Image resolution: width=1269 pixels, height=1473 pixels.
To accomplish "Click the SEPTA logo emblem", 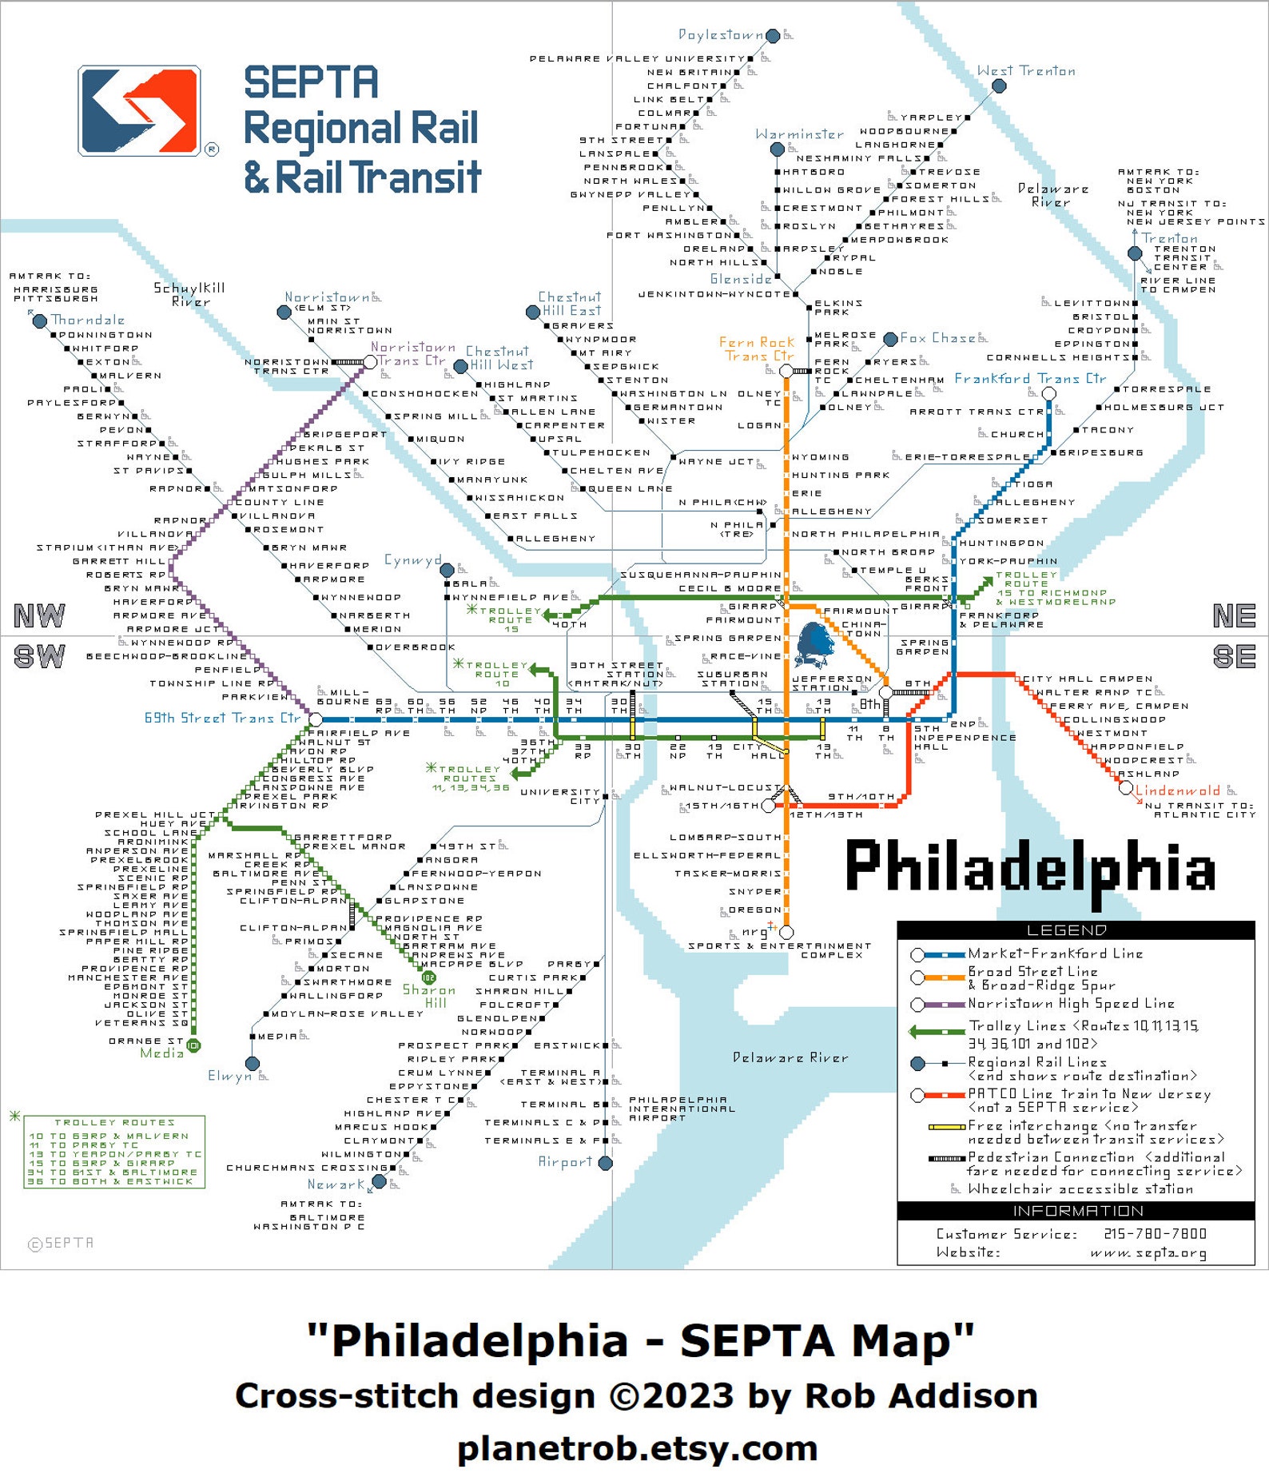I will [x=139, y=110].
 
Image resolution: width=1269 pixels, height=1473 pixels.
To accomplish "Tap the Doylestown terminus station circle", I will [x=773, y=36].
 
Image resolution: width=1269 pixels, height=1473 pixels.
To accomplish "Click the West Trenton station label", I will [x=1026, y=71].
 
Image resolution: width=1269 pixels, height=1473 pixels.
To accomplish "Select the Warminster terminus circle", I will [x=778, y=149].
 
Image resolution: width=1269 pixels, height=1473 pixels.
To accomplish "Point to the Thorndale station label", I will [x=88, y=320].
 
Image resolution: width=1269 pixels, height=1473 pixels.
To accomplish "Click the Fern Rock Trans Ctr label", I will [x=756, y=349].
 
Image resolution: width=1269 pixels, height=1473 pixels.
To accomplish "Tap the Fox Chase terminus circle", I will [x=890, y=340].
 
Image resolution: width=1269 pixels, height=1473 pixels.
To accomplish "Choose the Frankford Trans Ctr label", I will [x=1030, y=379].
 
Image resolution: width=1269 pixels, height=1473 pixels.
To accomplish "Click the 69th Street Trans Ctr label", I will [x=221, y=718].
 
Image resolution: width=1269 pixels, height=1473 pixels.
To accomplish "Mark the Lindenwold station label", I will [x=1177, y=790].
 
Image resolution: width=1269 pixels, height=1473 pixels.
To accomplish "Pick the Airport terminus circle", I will [x=606, y=1163].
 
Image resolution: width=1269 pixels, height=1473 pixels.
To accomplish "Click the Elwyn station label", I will [x=231, y=1076].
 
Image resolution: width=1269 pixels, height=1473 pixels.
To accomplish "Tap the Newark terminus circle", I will [x=380, y=1181].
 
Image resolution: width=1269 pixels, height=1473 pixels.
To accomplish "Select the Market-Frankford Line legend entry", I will [x=1055, y=953].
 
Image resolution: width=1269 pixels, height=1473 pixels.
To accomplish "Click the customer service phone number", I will [x=1155, y=1234].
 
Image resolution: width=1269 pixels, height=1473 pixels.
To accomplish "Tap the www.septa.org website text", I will [x=1148, y=1252].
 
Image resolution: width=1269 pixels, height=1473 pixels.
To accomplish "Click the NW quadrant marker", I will [x=39, y=615].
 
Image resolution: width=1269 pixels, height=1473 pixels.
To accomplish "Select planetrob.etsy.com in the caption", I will [x=637, y=1447].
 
